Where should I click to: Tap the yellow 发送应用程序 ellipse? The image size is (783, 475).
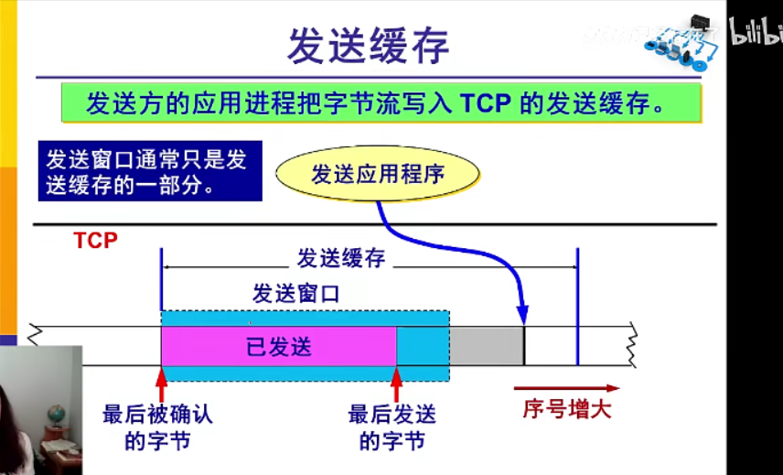pyautogui.click(x=378, y=174)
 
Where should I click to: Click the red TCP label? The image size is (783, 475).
pyautogui.click(x=96, y=241)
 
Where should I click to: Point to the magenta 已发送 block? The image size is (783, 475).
pyautogui.click(x=278, y=347)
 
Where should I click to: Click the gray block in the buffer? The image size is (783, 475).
pyautogui.click(x=486, y=347)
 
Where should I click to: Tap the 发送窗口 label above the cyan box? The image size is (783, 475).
pyautogui.click(x=296, y=294)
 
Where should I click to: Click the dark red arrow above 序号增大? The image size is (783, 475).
pyautogui.click(x=566, y=388)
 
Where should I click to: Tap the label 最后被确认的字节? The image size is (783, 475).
pyautogui.click(x=157, y=427)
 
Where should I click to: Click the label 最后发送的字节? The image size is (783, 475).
pyautogui.click(x=392, y=427)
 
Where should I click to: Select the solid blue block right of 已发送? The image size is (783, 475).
pyautogui.click(x=423, y=347)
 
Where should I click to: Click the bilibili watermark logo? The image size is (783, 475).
pyautogui.click(x=756, y=35)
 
